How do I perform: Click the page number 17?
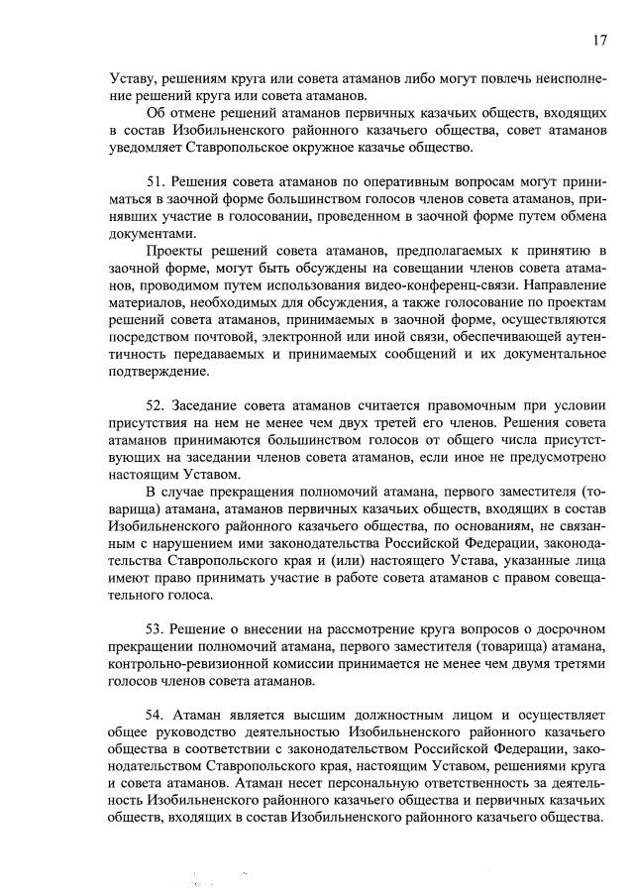point(598,40)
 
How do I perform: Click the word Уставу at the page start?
point(134,78)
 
